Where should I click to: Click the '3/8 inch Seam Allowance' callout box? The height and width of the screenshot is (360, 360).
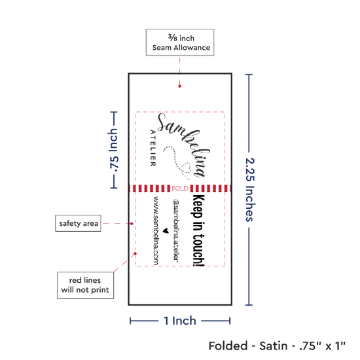180,43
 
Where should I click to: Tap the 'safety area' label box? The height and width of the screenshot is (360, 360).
78,223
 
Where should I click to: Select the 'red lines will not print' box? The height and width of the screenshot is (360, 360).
85,285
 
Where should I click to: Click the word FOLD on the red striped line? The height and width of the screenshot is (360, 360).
180,189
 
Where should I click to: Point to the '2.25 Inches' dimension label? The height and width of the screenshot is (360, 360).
250,190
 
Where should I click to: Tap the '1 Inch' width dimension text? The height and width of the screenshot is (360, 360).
180,321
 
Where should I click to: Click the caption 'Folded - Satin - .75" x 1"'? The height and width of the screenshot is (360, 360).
277,346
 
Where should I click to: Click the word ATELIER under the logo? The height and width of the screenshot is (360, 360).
153,148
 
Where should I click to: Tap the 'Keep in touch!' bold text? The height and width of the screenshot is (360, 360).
198,230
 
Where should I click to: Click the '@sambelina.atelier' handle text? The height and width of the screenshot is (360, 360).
176,230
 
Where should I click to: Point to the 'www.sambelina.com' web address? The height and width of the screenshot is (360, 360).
156,230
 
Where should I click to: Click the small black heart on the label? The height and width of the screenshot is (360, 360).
166,231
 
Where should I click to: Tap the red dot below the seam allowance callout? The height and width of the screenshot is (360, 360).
179,86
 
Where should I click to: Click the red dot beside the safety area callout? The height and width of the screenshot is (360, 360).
132,223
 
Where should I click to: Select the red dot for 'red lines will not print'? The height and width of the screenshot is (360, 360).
135,253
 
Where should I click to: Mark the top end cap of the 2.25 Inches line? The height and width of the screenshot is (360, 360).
249,75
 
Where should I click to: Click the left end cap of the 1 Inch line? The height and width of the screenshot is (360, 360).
130,321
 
